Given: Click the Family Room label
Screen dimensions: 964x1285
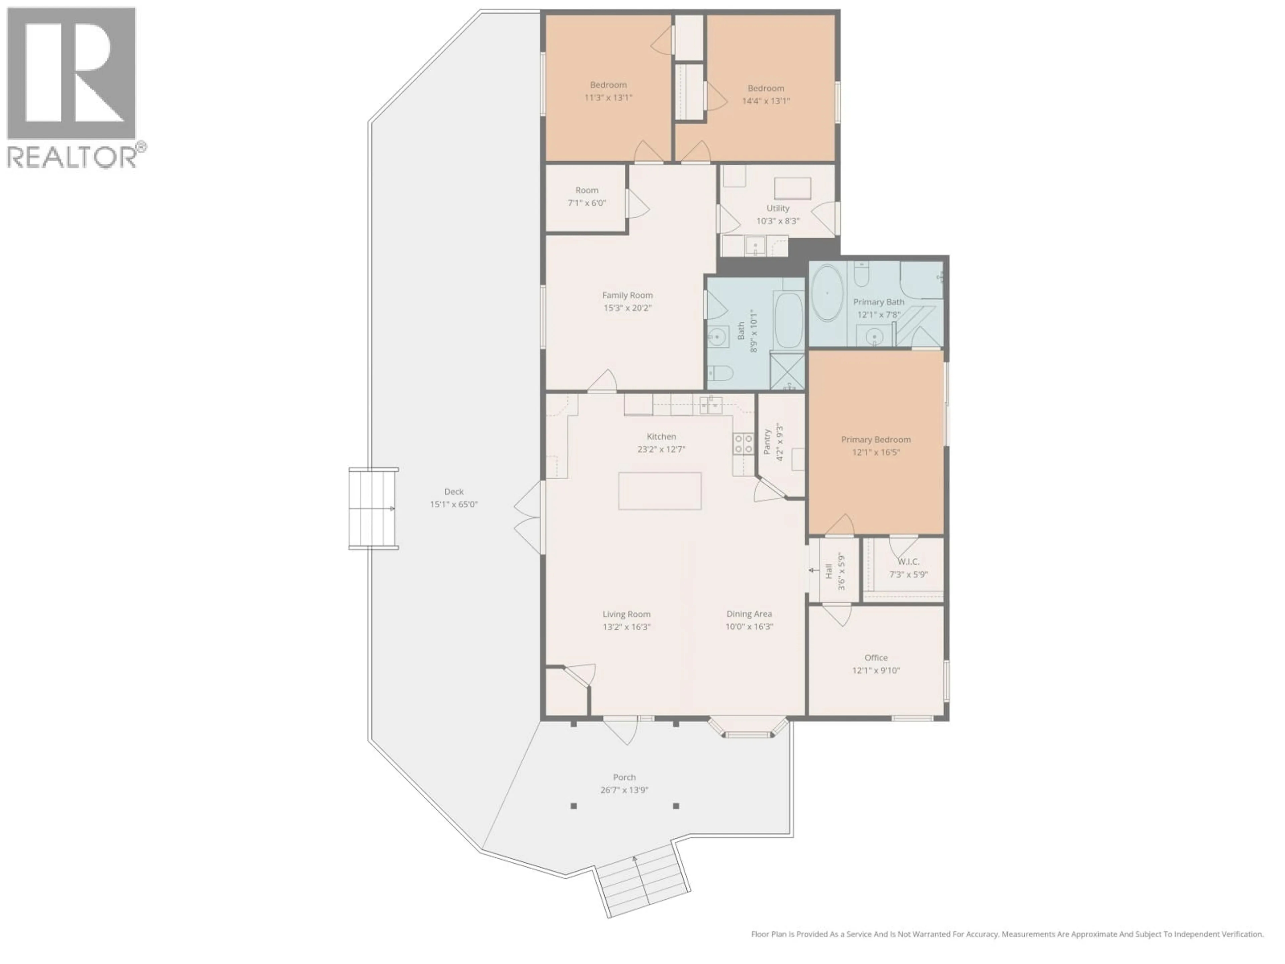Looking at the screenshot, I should (627, 295).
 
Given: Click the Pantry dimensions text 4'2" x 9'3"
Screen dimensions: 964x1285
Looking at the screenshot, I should (780, 441).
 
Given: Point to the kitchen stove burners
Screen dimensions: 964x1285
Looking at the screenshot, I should (743, 444).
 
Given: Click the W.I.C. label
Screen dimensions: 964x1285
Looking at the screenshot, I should (908, 561).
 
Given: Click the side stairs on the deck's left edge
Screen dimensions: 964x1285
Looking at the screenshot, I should (373, 508).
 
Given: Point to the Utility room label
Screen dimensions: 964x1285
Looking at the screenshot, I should (777, 208).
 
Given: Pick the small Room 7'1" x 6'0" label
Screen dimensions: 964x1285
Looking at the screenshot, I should (587, 190).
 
